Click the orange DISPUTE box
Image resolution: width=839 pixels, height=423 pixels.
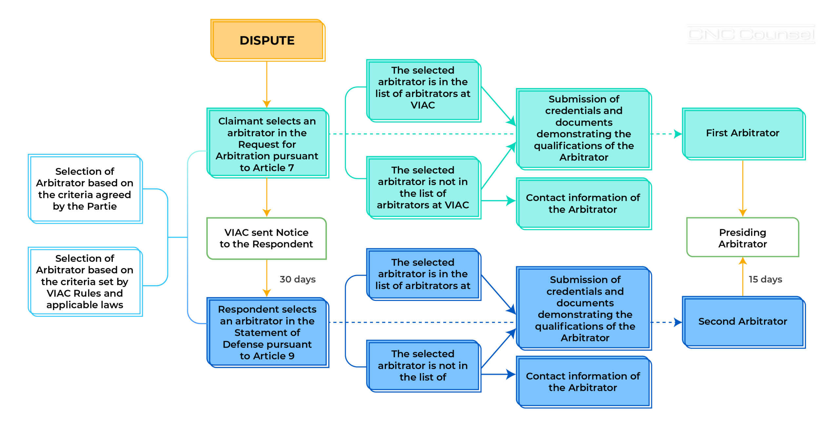(267, 40)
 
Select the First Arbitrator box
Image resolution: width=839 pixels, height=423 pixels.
(743, 133)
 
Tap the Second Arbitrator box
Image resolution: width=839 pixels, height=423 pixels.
(743, 322)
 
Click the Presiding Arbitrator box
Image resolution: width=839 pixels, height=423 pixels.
(743, 238)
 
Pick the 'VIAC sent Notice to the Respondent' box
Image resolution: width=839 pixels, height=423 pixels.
(266, 238)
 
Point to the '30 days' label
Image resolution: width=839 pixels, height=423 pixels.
(297, 279)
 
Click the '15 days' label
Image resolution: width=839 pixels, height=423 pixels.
(765, 279)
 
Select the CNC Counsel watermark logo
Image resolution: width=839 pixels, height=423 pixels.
(751, 34)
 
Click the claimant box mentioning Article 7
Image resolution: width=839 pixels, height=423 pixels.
(267, 144)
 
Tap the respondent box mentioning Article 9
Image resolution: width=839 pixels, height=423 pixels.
(267, 332)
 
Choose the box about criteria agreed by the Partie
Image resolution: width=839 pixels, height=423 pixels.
(85, 189)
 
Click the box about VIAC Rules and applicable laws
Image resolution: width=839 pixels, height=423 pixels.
(85, 282)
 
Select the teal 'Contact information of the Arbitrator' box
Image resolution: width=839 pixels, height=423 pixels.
(583, 203)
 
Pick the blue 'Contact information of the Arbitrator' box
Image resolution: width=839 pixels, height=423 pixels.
(583, 382)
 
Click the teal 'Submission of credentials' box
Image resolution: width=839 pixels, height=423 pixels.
(584, 128)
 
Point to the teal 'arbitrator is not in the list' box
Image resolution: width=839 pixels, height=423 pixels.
(423, 188)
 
